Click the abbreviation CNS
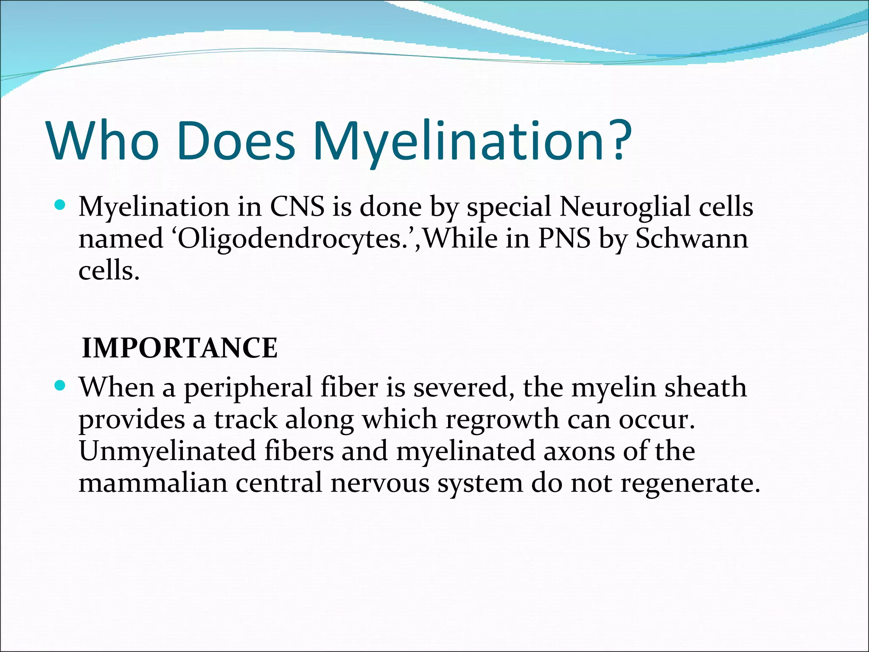[297, 207]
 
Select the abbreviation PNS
[564, 239]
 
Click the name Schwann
[691, 239]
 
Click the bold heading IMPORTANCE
[179, 348]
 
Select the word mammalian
[153, 483]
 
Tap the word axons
[579, 451]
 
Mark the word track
[245, 419]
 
